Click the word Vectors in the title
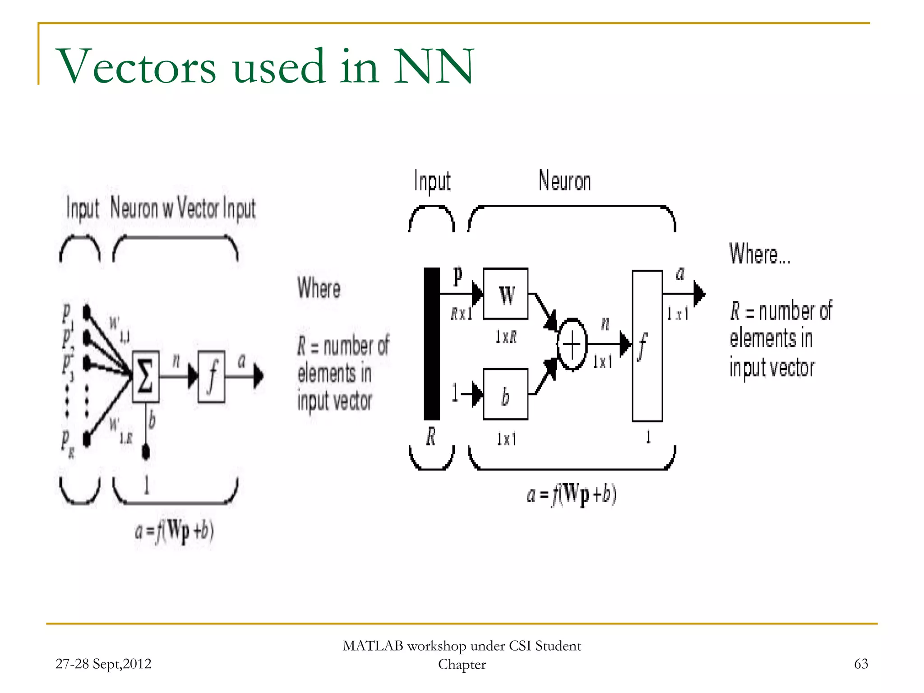click(x=135, y=67)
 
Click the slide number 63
click(x=861, y=664)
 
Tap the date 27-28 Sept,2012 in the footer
click(x=103, y=664)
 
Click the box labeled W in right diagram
click(x=505, y=294)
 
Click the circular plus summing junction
click(x=572, y=345)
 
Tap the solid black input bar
click(x=432, y=344)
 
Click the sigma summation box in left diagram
click(x=145, y=377)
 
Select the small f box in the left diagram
click(x=212, y=377)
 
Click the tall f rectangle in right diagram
click(x=647, y=346)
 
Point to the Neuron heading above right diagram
click(x=564, y=181)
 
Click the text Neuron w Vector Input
click(x=183, y=209)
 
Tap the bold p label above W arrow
click(x=457, y=275)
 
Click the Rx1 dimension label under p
click(x=461, y=313)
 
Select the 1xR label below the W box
click(x=506, y=337)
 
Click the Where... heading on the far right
click(x=759, y=254)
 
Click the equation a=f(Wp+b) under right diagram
click(x=571, y=495)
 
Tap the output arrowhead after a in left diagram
click(x=258, y=376)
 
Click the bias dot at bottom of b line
click(x=146, y=451)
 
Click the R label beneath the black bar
click(x=431, y=437)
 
